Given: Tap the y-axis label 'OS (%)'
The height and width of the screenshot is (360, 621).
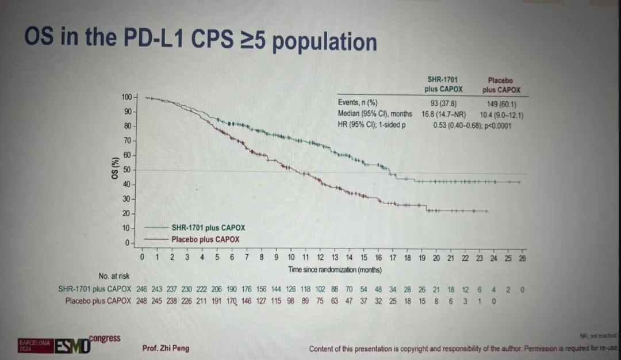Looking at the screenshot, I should (114, 167).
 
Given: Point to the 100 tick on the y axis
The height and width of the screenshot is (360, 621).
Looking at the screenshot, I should (128, 97).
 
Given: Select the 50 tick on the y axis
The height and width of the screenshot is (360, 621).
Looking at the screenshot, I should (128, 170).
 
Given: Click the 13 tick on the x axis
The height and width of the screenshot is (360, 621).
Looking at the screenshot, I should (335, 258).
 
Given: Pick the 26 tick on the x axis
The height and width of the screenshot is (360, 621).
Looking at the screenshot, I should (522, 258).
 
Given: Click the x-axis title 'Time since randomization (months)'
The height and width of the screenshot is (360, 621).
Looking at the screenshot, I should (335, 269).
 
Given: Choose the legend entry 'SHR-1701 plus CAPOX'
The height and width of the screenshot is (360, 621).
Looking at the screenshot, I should (208, 228).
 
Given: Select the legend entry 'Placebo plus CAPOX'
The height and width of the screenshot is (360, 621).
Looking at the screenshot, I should (205, 239).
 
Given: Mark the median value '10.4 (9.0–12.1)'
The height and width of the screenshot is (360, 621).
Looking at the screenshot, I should (501, 115).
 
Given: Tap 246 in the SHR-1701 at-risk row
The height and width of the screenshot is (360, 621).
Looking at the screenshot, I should (142, 289).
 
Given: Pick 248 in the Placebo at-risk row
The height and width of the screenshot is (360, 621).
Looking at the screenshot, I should (142, 300).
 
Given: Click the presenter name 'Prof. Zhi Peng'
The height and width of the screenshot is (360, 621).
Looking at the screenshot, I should (166, 348).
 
